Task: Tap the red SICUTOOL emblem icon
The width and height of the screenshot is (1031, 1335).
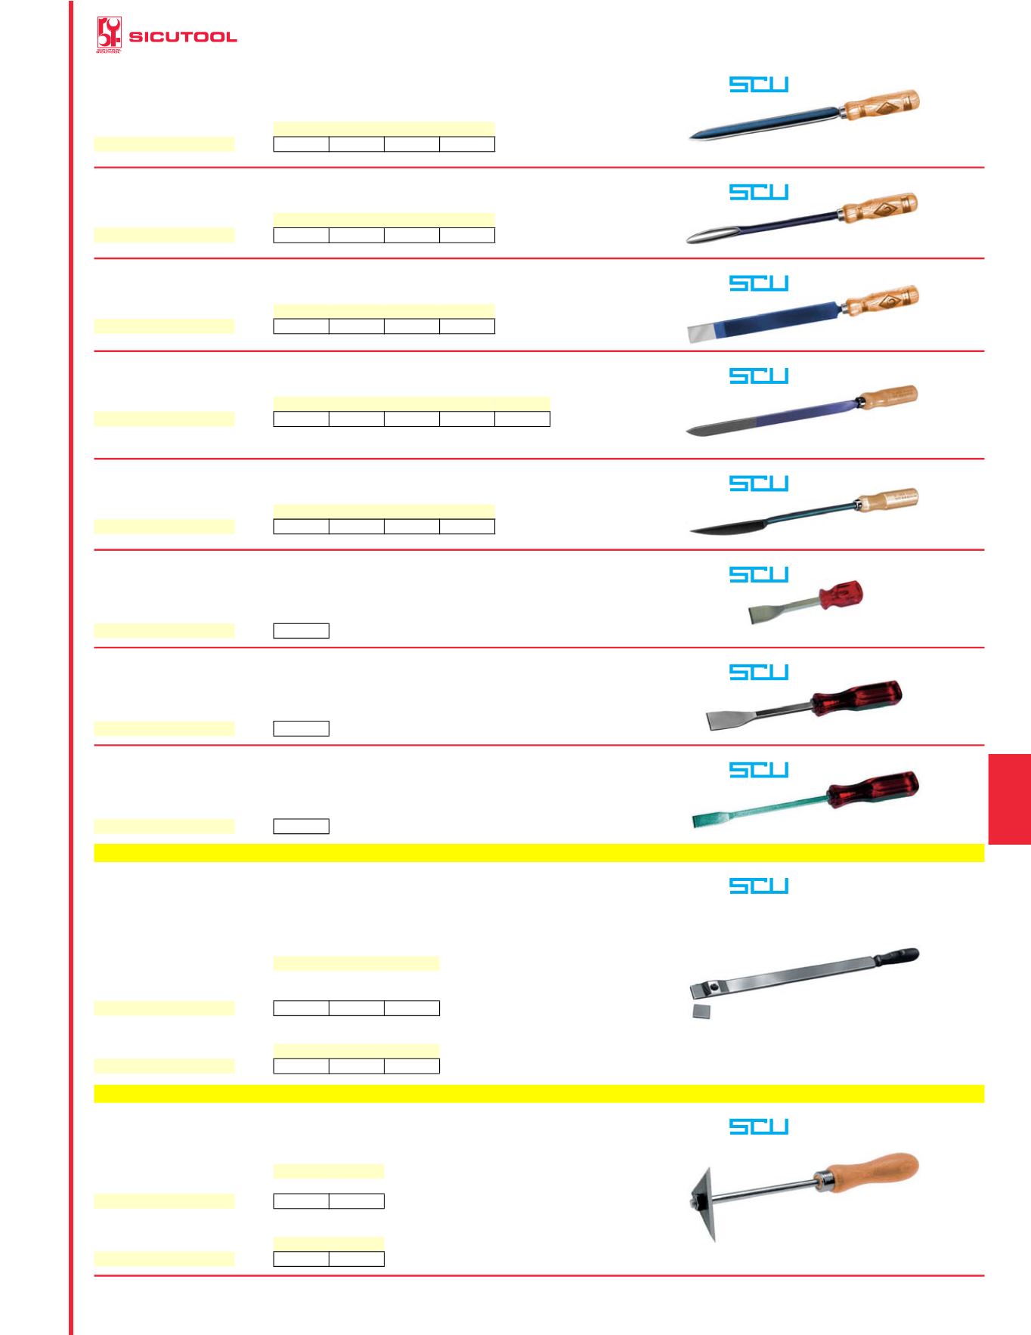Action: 109,36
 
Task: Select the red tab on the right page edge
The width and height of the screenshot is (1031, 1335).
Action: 1009,798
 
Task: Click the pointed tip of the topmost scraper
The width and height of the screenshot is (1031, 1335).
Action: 690,139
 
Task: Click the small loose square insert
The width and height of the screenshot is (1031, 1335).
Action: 703,1012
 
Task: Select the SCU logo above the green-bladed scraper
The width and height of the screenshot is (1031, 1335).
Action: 759,769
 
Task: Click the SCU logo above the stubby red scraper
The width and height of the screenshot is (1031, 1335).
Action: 759,574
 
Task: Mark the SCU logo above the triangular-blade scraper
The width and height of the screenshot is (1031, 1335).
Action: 759,1126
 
